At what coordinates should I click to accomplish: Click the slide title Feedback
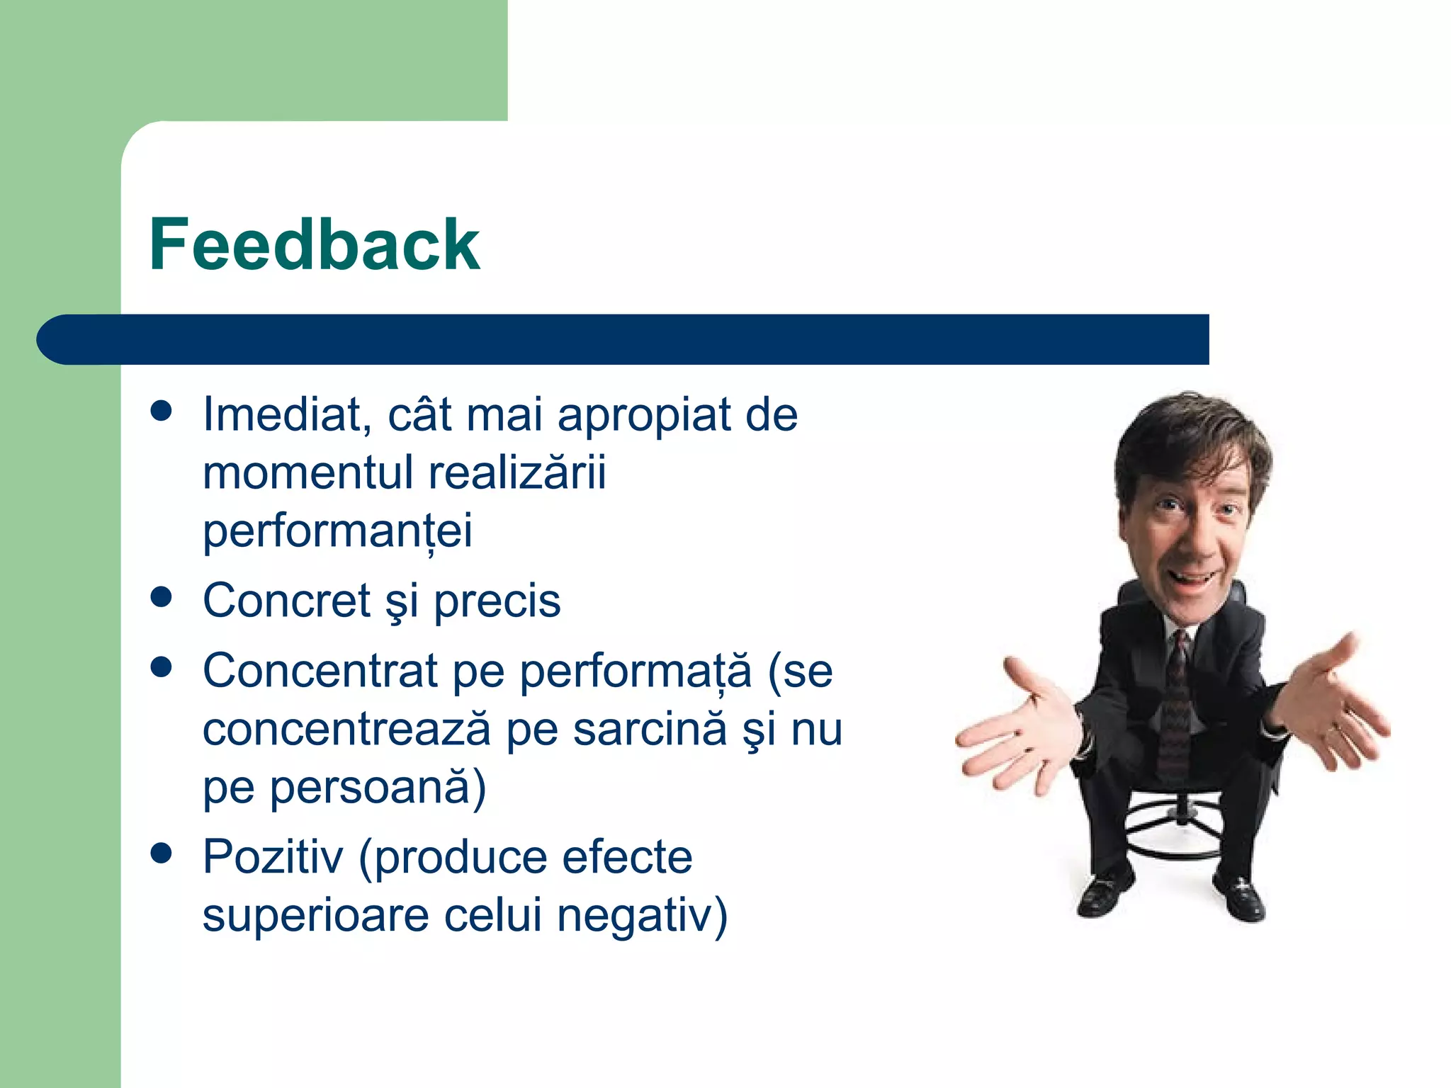314,245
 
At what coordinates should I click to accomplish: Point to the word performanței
337,531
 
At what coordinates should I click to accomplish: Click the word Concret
286,601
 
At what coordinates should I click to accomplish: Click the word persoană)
378,788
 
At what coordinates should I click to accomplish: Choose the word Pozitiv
273,857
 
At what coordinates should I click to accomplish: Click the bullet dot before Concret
162,596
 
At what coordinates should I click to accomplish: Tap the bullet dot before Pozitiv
162,853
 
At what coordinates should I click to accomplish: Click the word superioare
315,916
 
